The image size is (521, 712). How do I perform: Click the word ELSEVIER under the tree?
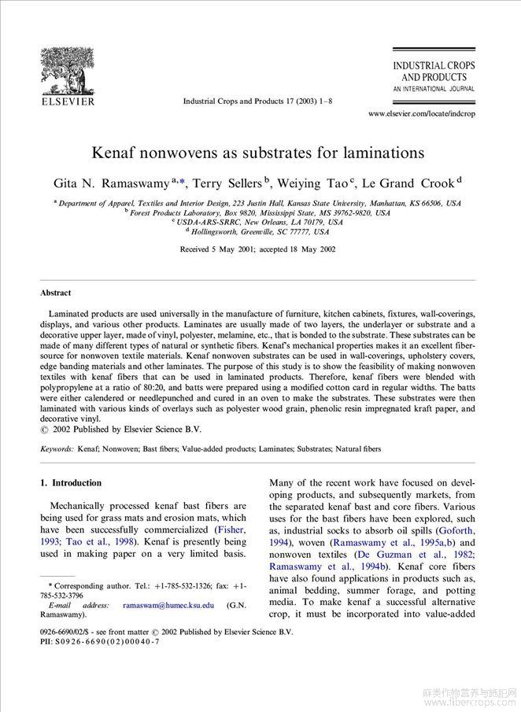68,101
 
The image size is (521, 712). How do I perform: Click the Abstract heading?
56,293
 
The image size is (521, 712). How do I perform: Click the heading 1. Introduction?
71,483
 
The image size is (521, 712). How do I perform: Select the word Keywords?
57,449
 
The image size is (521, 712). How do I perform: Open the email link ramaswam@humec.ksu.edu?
168,606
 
